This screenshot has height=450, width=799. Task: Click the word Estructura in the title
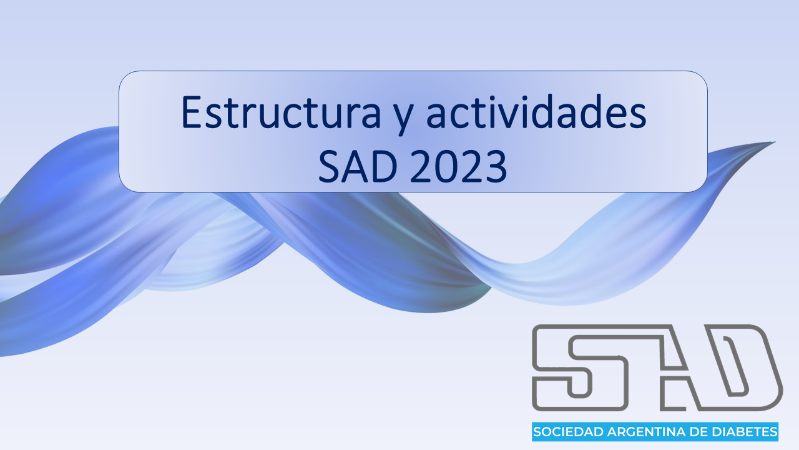pyautogui.click(x=281, y=111)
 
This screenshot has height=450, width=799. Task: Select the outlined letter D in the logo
pyautogui.click(x=738, y=368)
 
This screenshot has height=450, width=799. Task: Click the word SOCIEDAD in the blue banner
pyautogui.click(x=569, y=432)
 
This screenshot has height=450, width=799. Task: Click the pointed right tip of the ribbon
pyautogui.click(x=775, y=142)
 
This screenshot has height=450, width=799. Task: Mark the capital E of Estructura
pyautogui.click(x=191, y=111)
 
